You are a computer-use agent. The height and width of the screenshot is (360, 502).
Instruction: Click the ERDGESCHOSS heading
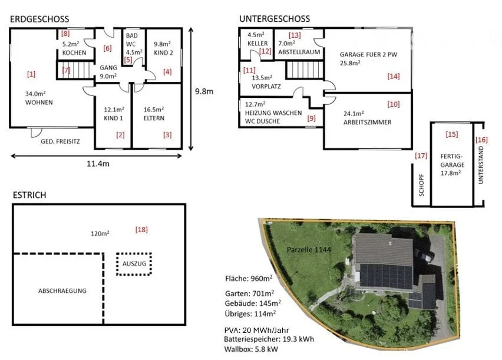[x=39, y=19]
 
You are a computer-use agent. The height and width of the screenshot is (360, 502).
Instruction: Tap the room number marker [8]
[x=65, y=34]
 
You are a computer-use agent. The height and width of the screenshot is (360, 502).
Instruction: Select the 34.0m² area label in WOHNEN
[x=35, y=94]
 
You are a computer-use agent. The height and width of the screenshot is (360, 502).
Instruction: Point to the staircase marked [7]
[x=75, y=70]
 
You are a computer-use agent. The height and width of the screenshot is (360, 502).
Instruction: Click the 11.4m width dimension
[x=98, y=164]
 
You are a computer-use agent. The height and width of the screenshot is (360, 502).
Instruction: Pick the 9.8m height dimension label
[x=204, y=91]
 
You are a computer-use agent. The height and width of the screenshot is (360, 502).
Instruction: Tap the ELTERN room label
[x=154, y=118]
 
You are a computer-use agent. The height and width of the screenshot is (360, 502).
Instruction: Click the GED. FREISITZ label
[x=60, y=141]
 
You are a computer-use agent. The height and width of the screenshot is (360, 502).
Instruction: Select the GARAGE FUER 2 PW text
[x=368, y=54]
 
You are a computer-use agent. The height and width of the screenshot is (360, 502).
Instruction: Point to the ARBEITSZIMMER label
[x=368, y=122]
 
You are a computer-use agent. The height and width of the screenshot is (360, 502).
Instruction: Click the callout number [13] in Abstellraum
[x=295, y=35]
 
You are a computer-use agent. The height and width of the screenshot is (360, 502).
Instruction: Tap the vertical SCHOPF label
[x=421, y=185]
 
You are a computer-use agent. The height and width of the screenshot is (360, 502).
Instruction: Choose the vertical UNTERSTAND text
[x=481, y=165]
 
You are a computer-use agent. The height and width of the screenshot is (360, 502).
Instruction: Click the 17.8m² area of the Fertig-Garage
[x=451, y=173]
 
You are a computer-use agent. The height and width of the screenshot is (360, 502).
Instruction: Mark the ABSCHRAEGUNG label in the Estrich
[x=62, y=291]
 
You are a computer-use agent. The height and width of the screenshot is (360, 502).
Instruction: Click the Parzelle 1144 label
[x=309, y=249]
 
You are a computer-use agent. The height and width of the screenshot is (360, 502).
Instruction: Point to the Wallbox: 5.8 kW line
[x=251, y=349]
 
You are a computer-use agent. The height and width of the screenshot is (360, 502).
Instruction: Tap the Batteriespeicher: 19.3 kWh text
[x=269, y=339]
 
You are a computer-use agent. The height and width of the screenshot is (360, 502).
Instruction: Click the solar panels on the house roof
[x=386, y=276]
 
